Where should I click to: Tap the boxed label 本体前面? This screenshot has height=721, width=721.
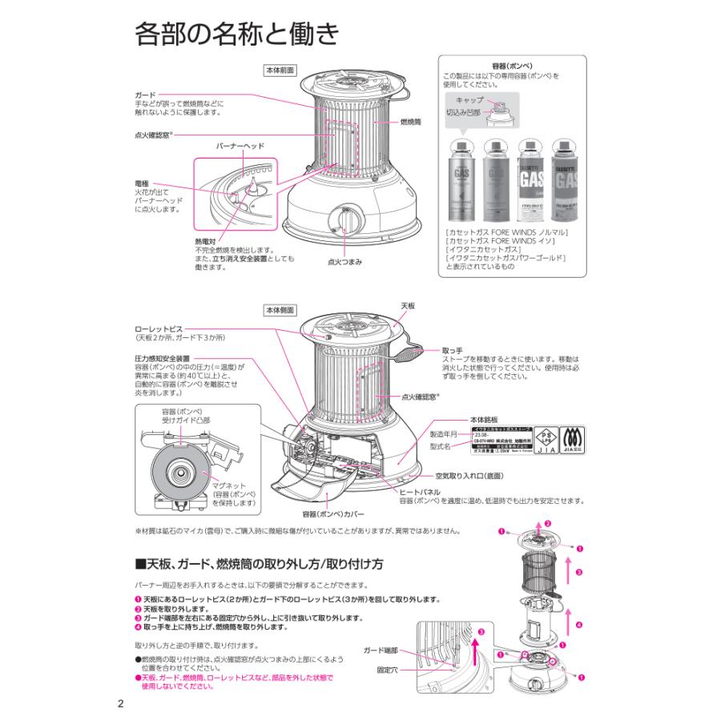(x=280, y=70)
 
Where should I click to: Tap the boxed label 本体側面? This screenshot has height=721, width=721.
(x=280, y=309)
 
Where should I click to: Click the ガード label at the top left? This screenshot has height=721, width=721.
(x=144, y=95)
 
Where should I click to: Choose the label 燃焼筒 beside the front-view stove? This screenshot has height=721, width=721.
(x=411, y=123)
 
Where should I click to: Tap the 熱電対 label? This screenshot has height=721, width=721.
(x=205, y=240)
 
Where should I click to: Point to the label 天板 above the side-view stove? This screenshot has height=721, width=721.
(x=408, y=306)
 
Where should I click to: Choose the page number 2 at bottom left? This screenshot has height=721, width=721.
(x=120, y=704)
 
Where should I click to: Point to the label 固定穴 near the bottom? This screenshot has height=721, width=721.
(x=387, y=669)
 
